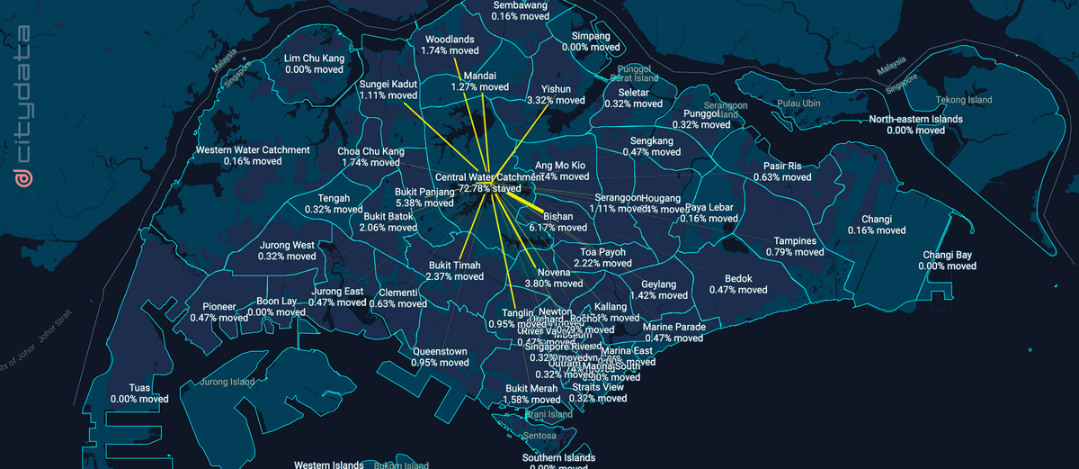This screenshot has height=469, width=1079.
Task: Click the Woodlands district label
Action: pos(449,40)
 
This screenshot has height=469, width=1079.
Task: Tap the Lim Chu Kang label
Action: pos(314,58)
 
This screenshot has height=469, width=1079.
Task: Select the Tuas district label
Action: pos(138,387)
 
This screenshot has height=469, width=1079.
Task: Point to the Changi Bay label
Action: pos(947,255)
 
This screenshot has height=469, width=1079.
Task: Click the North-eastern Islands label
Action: pos(915,119)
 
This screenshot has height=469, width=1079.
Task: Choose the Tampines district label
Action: pos(795,241)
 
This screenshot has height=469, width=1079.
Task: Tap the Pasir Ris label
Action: pos(782,166)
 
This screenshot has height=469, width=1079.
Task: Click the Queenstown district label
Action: pos(440,351)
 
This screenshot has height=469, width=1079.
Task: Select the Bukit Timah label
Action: pos(455,265)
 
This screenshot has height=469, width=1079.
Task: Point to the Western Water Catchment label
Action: pos(253,149)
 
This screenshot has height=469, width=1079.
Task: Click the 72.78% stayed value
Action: pos(490,190)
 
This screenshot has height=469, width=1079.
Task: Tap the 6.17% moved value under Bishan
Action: pos(557,228)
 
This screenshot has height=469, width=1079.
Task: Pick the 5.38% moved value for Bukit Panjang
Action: pos(424,203)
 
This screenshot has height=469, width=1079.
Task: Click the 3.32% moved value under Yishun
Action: pos(557,101)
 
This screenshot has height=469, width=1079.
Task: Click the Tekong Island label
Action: pos(963,100)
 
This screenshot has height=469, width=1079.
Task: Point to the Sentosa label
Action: pos(539,436)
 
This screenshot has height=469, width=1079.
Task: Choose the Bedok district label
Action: pos(737,278)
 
